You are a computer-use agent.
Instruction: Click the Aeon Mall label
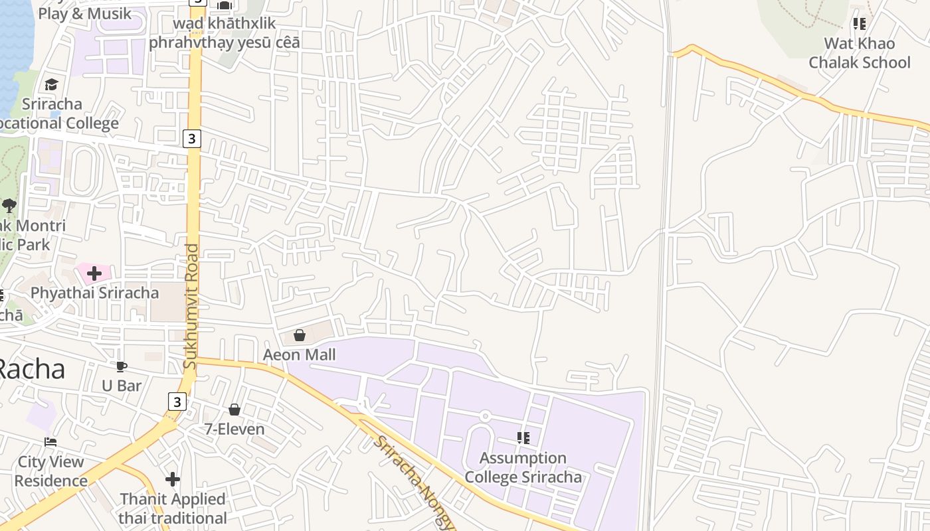pyautogui.click(x=299, y=354)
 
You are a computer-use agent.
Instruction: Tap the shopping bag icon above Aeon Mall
pyautogui.click(x=300, y=335)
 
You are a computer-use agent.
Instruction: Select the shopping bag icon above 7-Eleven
pyautogui.click(x=234, y=410)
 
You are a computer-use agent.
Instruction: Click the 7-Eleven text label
pyautogui.click(x=234, y=429)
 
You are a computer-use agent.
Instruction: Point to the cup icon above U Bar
pyautogui.click(x=122, y=366)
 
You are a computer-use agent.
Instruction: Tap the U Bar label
pyautogui.click(x=122, y=385)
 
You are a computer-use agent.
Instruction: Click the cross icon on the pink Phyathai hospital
pyautogui.click(x=94, y=273)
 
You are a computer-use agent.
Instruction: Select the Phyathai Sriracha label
pyautogui.click(x=94, y=293)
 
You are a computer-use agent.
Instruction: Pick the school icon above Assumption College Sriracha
pyautogui.click(x=523, y=437)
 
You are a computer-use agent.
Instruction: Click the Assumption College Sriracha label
pyautogui.click(x=523, y=467)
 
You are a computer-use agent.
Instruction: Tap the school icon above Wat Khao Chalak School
pyautogui.click(x=860, y=24)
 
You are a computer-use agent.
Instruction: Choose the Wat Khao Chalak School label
pyautogui.click(x=860, y=53)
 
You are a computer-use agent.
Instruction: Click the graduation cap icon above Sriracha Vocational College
pyautogui.click(x=51, y=84)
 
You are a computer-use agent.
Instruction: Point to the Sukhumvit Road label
pyautogui.click(x=191, y=307)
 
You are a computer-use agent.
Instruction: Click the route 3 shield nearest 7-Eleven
pyautogui.click(x=176, y=402)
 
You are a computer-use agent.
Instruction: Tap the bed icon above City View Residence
pyautogui.click(x=50, y=442)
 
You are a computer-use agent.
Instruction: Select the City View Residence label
pyautogui.click(x=50, y=471)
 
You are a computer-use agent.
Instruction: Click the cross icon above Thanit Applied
pyautogui.click(x=173, y=479)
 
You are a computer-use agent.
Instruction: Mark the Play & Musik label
pyautogui.click(x=84, y=13)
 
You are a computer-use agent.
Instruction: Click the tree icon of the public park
pyautogui.click(x=9, y=205)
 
